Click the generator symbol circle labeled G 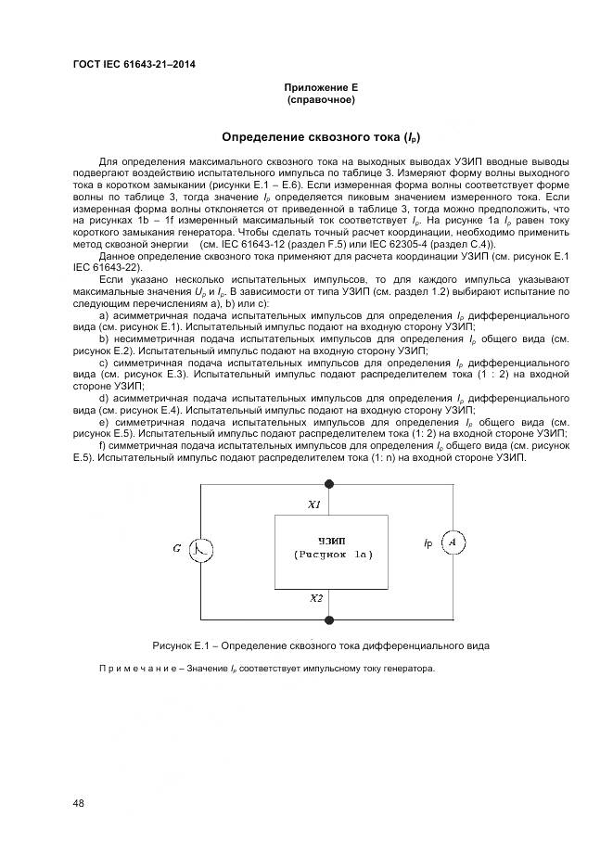coord(201,549)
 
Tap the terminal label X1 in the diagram coord(314,505)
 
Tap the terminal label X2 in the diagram coord(316,598)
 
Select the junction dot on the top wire coord(330,482)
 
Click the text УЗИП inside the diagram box coord(329,539)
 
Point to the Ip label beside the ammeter coord(427,541)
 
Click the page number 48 coord(79,802)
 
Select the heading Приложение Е coord(321,86)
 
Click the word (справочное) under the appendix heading coord(321,98)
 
